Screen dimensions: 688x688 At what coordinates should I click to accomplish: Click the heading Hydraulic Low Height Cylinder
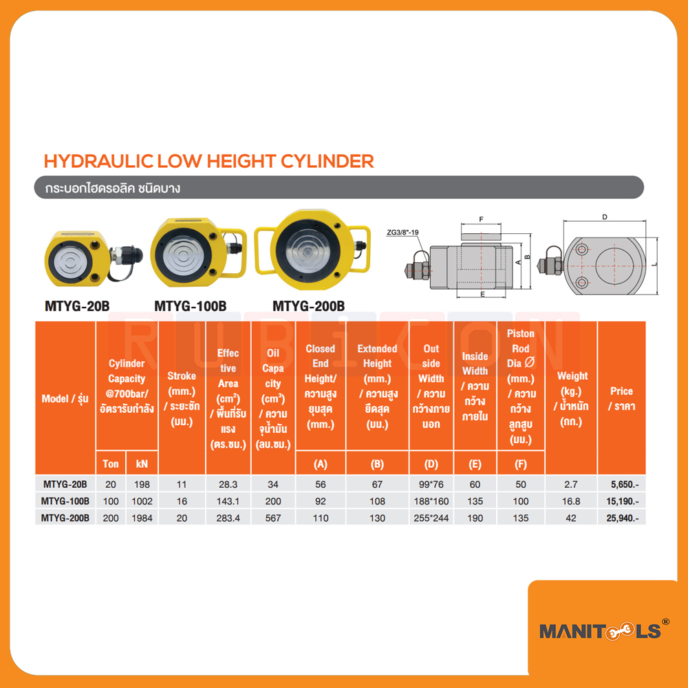pos(208,161)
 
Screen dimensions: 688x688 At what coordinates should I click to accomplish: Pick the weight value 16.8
pos(570,501)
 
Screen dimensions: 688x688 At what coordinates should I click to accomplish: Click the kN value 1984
pos(142,518)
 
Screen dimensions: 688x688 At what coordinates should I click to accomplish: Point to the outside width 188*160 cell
pos(431,501)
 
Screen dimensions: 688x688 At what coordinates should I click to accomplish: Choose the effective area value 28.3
pos(228,484)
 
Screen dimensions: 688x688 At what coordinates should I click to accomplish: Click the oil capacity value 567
pos(273,518)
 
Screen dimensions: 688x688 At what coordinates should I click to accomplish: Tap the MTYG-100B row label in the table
pos(65,501)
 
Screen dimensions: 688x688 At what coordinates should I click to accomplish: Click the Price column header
pos(621,398)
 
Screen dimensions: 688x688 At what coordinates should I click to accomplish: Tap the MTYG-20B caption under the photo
pos(77,306)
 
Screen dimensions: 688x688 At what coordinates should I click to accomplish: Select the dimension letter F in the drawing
pos(481,219)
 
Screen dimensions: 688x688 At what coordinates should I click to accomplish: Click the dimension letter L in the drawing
pos(654,264)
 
